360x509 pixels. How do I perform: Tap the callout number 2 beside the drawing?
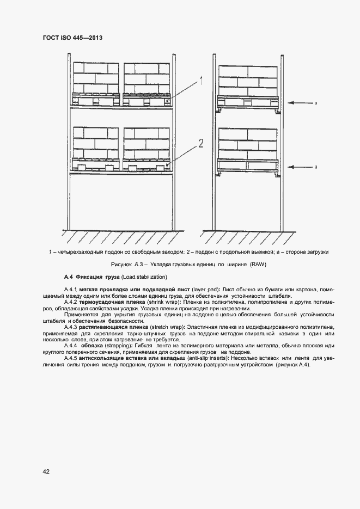pyautogui.click(x=200, y=144)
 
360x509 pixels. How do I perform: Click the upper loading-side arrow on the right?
pyautogui.click(x=299, y=102)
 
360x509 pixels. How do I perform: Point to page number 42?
pyautogui.click(x=46, y=471)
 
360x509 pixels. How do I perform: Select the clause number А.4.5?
pyautogui.click(x=71, y=358)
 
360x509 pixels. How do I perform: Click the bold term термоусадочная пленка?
pyautogui.click(x=107, y=301)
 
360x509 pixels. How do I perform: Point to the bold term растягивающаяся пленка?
pyautogui.click(x=114, y=327)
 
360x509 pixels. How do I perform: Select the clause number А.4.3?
pyautogui.click(x=71, y=327)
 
